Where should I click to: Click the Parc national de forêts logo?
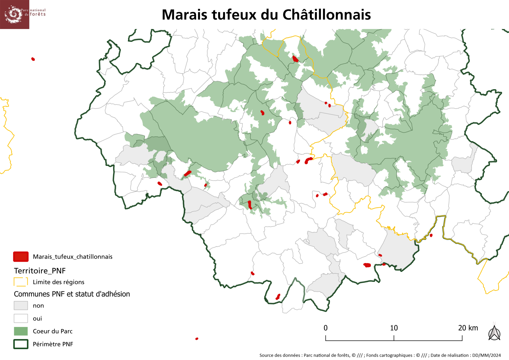pos(15,14)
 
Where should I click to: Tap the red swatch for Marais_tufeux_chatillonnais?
pos(21,257)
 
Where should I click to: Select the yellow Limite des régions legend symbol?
pos(21,282)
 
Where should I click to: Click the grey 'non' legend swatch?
pos(21,306)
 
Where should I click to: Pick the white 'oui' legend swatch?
pos(21,318)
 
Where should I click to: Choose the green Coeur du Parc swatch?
pos(21,331)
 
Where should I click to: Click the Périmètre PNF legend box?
pos(21,344)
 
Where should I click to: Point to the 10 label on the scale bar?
pos(394,328)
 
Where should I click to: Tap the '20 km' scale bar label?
pos(468,328)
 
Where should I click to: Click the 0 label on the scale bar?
pos(326,328)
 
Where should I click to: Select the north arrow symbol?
pos(494,333)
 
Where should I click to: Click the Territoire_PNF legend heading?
pos(40,271)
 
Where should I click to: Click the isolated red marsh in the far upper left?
pos(33,59)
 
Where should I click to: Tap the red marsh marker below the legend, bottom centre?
pos(197,339)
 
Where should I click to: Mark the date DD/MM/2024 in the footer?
pos(486,355)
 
